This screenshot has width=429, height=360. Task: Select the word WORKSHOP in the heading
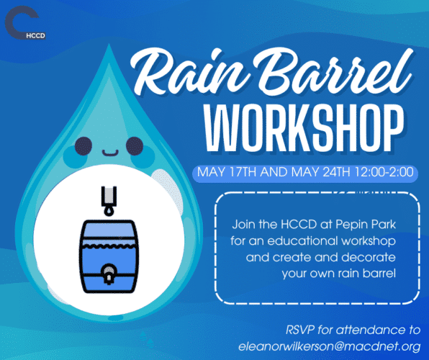[304, 128]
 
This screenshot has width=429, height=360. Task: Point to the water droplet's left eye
[83, 146]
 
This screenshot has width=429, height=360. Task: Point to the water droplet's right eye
[135, 146]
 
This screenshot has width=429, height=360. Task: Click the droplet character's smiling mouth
[110, 153]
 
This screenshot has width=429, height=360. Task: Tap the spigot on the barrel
[109, 274]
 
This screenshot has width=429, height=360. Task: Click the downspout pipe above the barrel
[109, 197]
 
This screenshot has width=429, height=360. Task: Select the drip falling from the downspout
[109, 212]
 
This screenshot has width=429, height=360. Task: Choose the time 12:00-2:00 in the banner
[384, 172]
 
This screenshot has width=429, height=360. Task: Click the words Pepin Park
[366, 225]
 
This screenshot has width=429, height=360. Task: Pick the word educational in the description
[303, 241]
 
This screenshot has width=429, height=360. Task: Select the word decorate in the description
[369, 257]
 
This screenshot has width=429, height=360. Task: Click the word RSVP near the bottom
[300, 330]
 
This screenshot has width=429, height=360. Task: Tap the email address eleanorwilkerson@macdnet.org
[330, 346]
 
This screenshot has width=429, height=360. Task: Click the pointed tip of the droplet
[109, 44]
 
